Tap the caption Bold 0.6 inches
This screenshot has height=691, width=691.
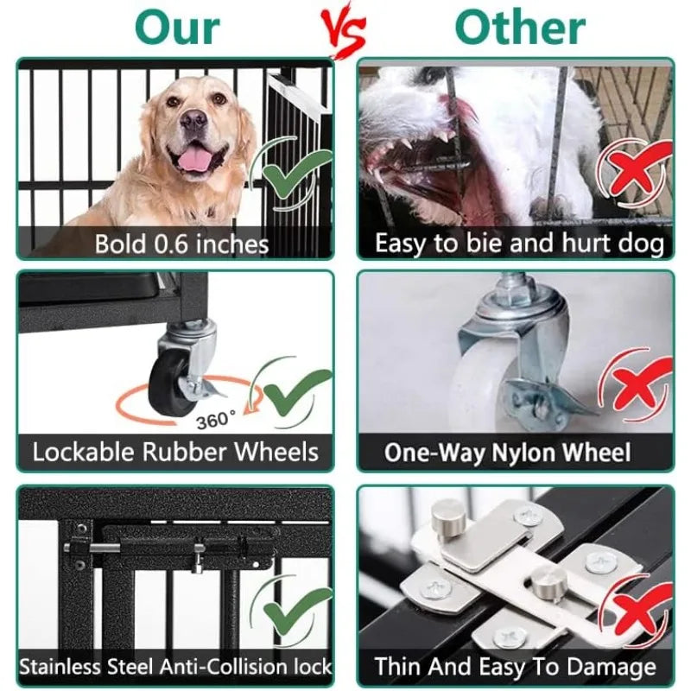181,243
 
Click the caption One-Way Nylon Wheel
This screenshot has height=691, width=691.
508,453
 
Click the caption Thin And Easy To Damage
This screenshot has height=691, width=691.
515,667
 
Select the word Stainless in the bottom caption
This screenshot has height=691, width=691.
60,667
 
